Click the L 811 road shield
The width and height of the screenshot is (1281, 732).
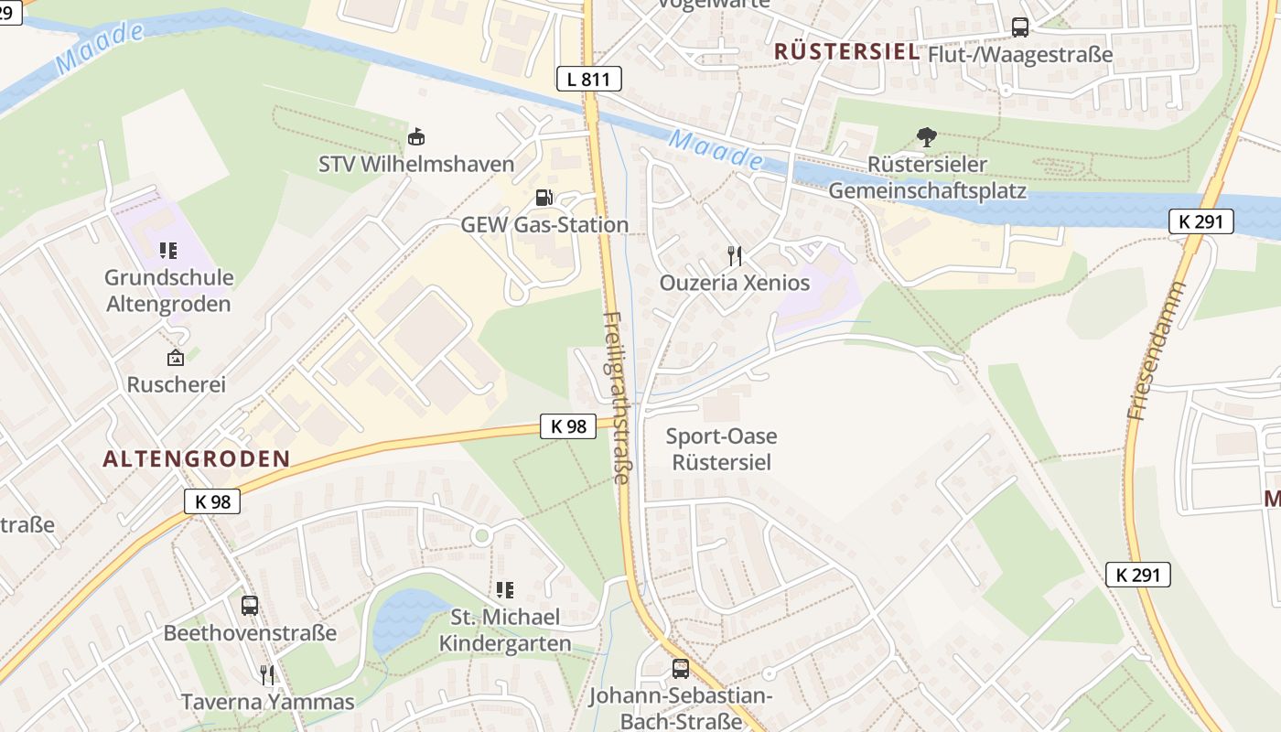tap(588, 79)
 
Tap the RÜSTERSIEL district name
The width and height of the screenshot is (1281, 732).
tap(846, 52)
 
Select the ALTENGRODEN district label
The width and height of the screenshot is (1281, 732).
tap(196, 459)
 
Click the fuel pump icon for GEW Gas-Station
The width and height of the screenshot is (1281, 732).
tap(544, 198)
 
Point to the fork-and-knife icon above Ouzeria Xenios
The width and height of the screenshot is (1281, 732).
tap(734, 255)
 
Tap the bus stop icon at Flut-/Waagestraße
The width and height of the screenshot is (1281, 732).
tap(1019, 27)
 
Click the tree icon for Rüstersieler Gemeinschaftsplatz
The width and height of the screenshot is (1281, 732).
tap(926, 138)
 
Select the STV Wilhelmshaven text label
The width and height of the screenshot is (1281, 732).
tap(416, 165)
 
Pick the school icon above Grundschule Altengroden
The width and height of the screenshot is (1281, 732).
tap(168, 250)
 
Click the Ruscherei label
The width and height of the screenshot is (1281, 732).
tap(176, 384)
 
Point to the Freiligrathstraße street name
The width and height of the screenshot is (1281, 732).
tap(618, 397)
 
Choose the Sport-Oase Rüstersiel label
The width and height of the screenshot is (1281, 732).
tap(721, 449)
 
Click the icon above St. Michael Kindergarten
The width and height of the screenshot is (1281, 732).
tap(504, 590)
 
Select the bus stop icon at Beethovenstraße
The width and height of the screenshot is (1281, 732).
tap(249, 605)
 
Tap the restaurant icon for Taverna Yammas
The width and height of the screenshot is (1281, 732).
tap(267, 675)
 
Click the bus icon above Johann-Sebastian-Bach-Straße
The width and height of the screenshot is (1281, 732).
tap(680, 668)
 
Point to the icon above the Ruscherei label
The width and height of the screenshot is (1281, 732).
tap(175, 358)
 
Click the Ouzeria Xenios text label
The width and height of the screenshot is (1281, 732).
tap(735, 283)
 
